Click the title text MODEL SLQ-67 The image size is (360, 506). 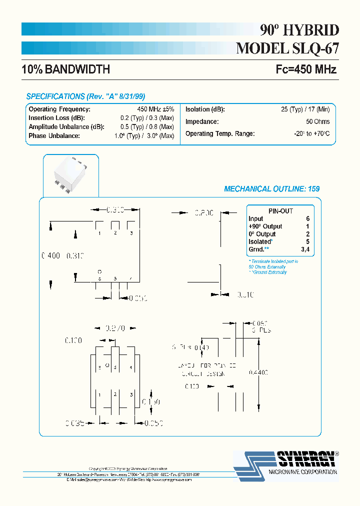click(287, 48)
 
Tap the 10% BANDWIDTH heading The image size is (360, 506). click(65, 69)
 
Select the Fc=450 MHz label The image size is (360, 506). click(306, 69)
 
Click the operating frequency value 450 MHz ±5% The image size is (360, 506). click(155, 109)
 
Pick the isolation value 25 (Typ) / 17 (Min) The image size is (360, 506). click(305, 109)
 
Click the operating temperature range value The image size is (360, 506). click(312, 134)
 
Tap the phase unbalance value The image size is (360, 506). click(144, 136)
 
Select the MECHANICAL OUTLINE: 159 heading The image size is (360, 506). click(271, 189)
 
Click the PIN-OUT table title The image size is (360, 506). click(280, 211)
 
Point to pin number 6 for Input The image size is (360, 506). click(308, 219)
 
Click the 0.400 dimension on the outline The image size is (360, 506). click(50, 255)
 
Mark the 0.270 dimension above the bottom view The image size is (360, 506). click(114, 328)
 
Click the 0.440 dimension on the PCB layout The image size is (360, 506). click(258, 372)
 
